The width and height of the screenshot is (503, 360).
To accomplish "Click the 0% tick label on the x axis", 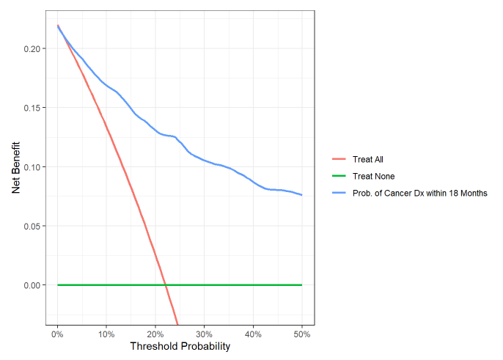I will pos(57,334).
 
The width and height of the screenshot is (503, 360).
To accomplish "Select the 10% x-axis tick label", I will pos(106,334).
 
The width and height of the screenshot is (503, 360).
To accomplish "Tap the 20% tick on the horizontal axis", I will pos(155,334).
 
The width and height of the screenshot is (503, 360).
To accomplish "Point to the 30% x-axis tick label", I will pos(204,334).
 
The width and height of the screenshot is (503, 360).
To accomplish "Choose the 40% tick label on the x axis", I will pos(253,334).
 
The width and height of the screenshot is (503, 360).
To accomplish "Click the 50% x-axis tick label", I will pos(302,334).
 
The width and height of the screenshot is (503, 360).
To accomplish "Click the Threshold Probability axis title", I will pos(180,346).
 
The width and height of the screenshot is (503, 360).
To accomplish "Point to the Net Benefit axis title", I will pos(15,167).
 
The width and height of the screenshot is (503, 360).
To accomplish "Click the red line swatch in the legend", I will pos(339,158).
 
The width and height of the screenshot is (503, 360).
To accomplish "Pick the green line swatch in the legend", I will pos(339,176).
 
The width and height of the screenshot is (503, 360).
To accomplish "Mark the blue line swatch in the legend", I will pos(339,194).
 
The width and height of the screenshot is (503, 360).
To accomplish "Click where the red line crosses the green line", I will pos(165,284).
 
